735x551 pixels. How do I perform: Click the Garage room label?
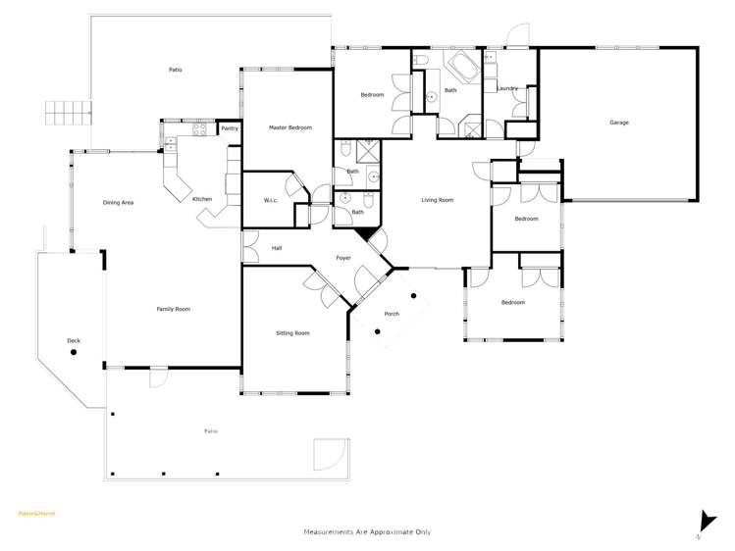(x=619, y=123)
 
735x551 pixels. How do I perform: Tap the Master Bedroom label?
(x=290, y=128)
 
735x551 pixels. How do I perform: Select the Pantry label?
(x=230, y=128)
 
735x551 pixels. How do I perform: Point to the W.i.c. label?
(x=272, y=202)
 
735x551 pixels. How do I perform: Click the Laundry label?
(x=507, y=89)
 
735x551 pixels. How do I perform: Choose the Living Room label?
(x=438, y=200)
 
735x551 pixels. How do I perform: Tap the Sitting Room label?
(x=292, y=333)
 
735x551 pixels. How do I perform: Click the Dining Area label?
(x=118, y=203)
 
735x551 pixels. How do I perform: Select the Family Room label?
(x=173, y=309)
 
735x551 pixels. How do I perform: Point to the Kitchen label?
(x=202, y=199)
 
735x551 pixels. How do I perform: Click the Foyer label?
(x=343, y=258)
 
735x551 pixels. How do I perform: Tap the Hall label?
(x=278, y=248)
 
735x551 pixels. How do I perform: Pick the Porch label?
(x=392, y=314)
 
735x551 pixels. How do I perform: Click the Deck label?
(x=74, y=341)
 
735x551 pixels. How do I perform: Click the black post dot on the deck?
(x=102, y=366)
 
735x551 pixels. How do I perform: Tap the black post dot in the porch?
(x=414, y=295)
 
